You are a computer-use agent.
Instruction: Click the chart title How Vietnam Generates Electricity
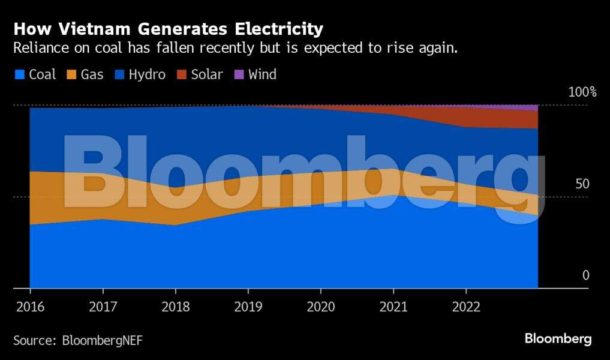point(169,29)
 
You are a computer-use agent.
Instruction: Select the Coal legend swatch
point(20,75)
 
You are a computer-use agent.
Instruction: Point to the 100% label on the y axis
point(582,92)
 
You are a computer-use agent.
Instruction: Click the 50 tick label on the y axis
point(582,184)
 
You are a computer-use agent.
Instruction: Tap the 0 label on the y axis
point(586,275)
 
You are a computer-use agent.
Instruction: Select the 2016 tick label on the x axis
point(30,307)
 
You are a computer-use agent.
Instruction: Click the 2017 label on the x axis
point(103,307)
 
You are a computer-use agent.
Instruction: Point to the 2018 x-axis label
point(175,307)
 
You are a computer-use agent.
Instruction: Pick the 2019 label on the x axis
point(248,307)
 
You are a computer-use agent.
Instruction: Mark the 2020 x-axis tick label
point(320,307)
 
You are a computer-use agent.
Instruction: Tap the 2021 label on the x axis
point(393,307)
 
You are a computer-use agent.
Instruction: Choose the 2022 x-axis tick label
point(465,307)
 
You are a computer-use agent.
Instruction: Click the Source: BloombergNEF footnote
point(78,340)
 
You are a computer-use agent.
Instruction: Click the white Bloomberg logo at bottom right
point(558,339)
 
